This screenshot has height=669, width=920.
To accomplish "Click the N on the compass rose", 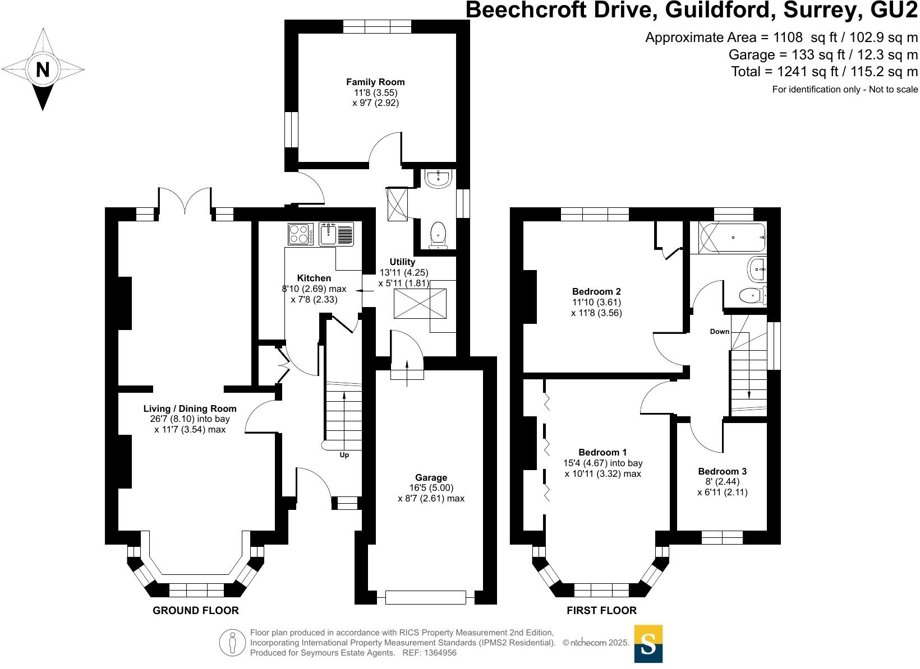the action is click(x=43, y=69).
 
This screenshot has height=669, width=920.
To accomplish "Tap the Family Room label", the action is click(x=375, y=82).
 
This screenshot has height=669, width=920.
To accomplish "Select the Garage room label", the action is click(x=431, y=477).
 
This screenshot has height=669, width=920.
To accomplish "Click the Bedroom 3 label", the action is click(x=722, y=471).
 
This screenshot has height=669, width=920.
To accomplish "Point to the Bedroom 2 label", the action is click(x=596, y=291).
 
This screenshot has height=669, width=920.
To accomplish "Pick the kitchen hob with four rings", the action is click(x=300, y=234).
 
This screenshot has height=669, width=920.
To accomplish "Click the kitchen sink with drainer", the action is click(x=336, y=234).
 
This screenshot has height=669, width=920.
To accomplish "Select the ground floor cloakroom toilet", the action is click(x=438, y=235).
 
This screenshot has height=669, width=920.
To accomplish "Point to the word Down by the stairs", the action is click(x=719, y=331).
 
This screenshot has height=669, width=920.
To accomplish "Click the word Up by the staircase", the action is click(x=344, y=455).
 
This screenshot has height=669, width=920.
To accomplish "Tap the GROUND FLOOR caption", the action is click(x=196, y=610).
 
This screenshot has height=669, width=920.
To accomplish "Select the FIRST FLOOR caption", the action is click(x=601, y=610).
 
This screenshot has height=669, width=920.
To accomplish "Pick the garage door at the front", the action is click(x=425, y=597).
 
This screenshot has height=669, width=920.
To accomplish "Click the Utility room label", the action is click(x=402, y=262).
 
